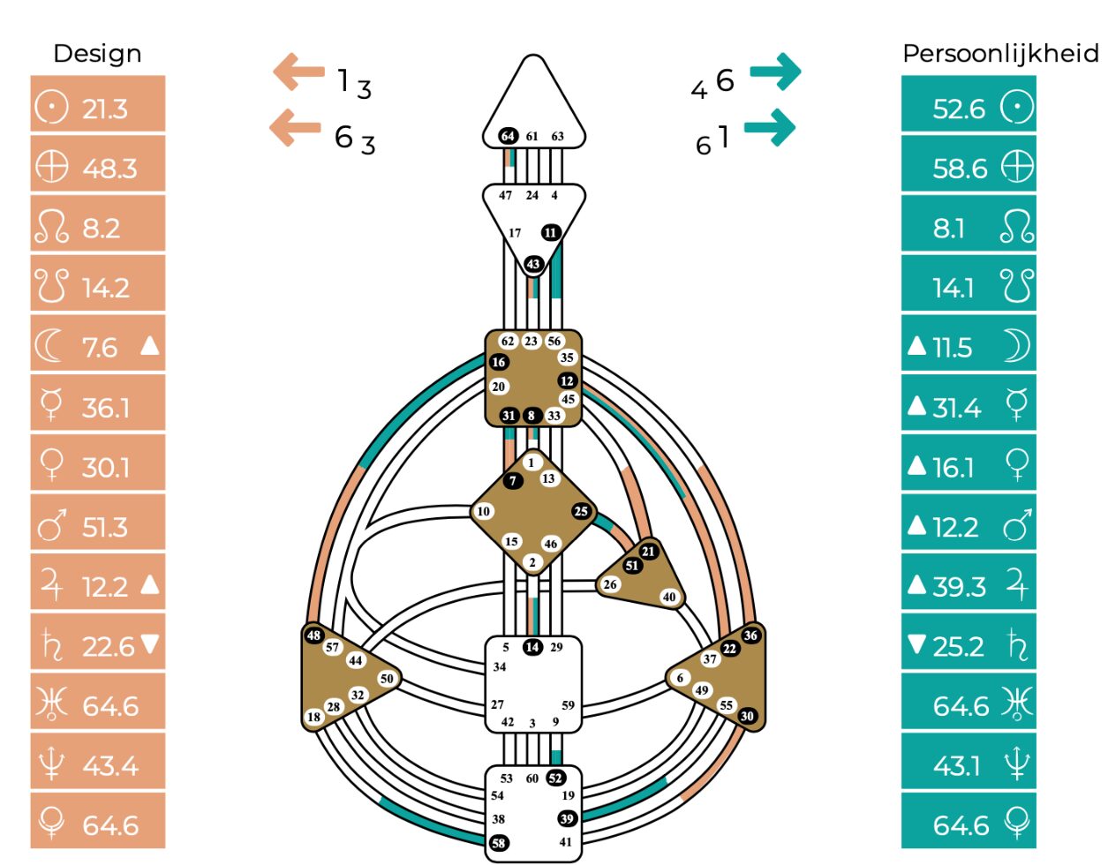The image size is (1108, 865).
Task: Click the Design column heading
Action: point(97,54)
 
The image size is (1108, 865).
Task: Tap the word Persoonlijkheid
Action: point(1000,54)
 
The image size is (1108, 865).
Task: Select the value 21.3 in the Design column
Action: point(105,109)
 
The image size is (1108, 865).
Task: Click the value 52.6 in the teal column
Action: point(959,109)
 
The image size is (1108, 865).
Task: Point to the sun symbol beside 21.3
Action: point(51,108)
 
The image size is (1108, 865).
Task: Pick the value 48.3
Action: point(109,169)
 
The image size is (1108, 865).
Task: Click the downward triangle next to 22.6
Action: point(150,644)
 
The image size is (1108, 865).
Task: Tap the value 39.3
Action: point(959,587)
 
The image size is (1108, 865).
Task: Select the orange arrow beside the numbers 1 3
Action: point(298,71)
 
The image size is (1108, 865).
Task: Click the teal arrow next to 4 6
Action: point(775,71)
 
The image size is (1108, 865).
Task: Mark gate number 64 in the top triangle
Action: point(508,136)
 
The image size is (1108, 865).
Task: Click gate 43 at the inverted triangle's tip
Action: point(533,264)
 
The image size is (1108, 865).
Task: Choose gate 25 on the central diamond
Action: point(581,511)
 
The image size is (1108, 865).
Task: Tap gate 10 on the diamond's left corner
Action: point(483,511)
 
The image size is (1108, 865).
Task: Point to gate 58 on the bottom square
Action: point(499,843)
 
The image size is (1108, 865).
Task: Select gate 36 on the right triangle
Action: point(750,635)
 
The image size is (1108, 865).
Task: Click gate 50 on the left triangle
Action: point(387,678)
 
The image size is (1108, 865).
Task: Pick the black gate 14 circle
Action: point(532,647)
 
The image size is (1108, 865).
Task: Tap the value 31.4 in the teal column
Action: point(956,408)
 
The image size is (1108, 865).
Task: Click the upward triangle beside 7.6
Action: point(150,345)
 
